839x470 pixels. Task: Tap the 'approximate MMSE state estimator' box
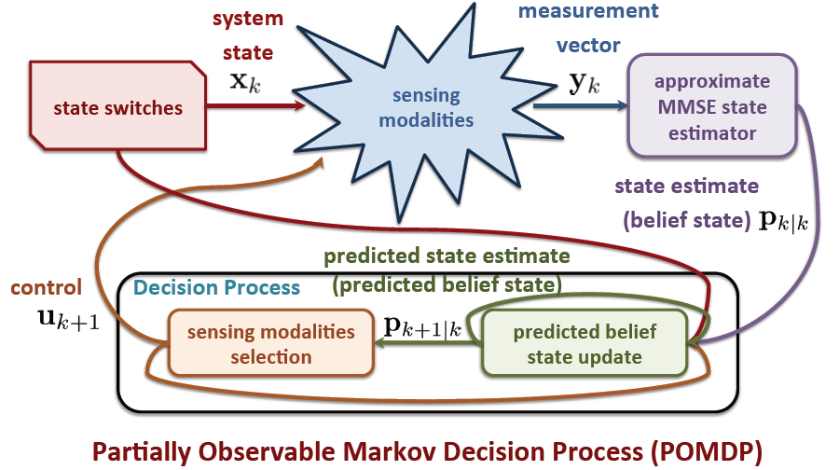click(711, 106)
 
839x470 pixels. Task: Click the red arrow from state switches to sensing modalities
click(256, 107)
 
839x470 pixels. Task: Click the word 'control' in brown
click(46, 288)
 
